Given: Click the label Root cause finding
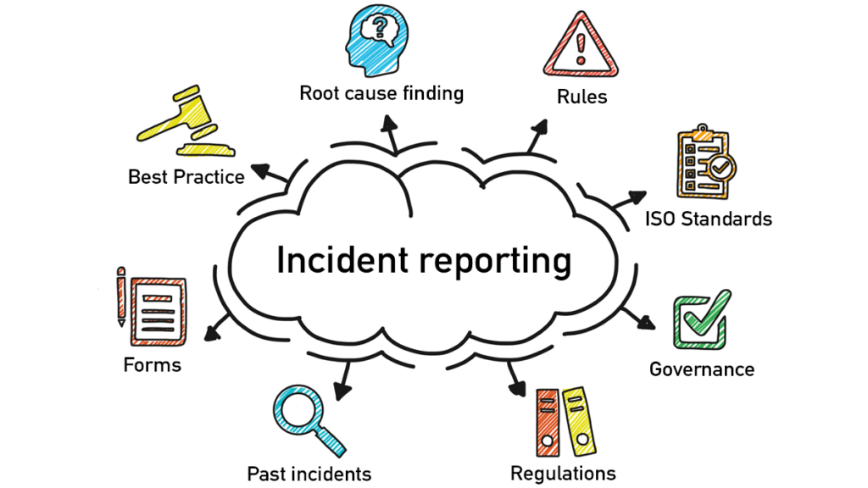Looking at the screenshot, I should click(x=381, y=92).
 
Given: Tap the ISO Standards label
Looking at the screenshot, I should click(x=709, y=219).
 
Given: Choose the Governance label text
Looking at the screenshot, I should click(x=701, y=369).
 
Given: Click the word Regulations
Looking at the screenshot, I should click(x=563, y=473).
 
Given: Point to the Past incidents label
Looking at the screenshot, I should click(x=309, y=473).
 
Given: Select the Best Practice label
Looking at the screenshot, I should click(x=186, y=177).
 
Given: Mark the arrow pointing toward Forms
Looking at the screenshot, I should click(x=215, y=330).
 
